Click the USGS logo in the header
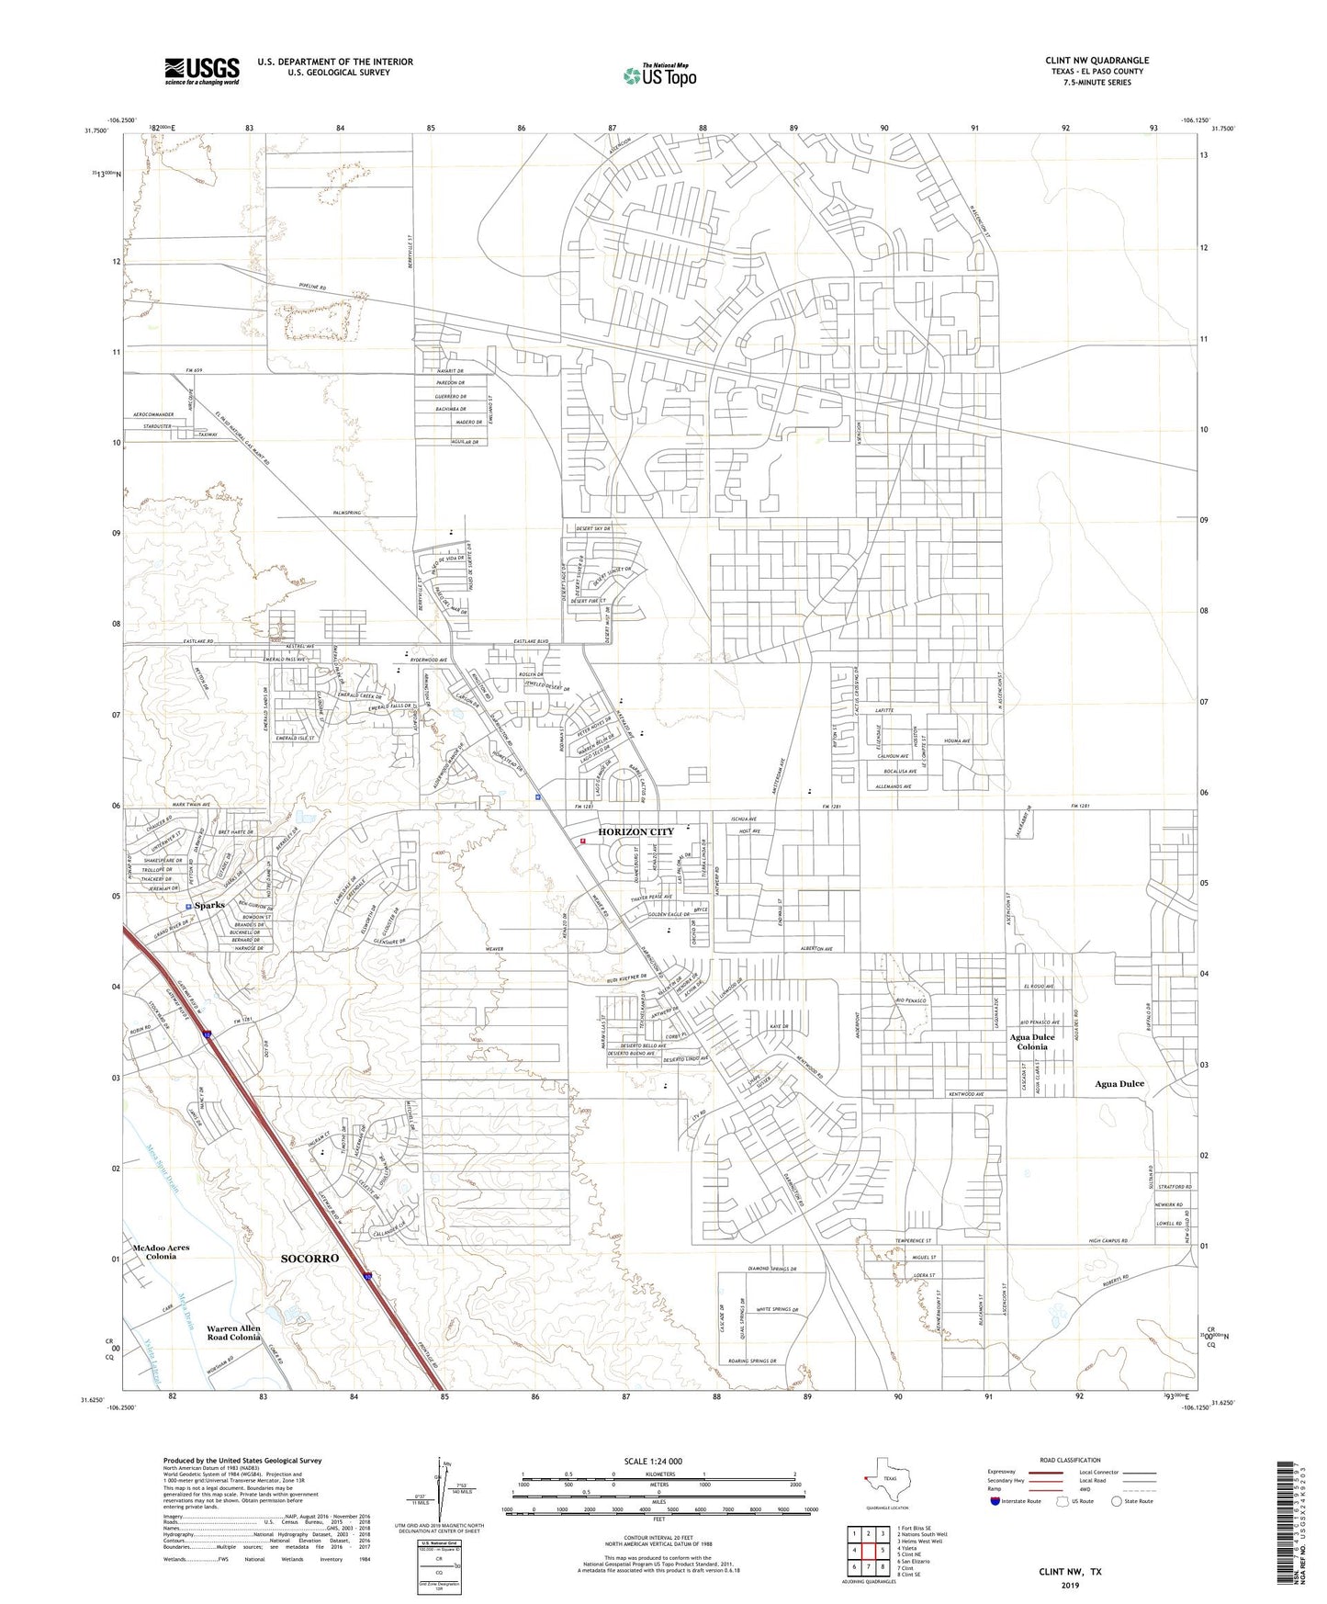(202, 71)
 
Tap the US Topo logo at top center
(658, 75)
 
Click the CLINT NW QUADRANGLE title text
(1096, 61)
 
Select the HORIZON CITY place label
(635, 831)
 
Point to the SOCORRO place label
(309, 1258)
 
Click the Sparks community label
(209, 905)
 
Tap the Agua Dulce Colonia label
(1032, 1042)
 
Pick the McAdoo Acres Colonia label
(161, 1251)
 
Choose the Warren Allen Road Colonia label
(233, 1332)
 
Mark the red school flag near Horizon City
(582, 840)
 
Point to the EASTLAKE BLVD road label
(531, 641)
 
